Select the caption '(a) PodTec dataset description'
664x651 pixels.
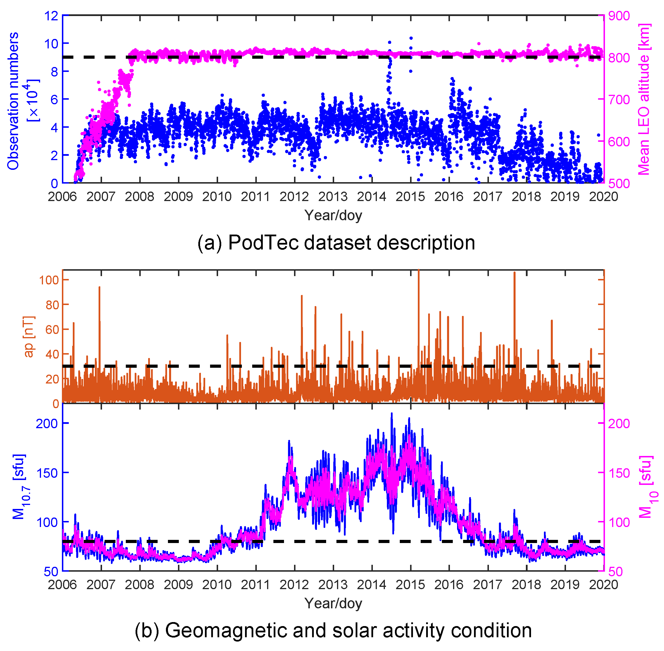tap(336, 243)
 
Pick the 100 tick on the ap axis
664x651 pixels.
tap(49, 280)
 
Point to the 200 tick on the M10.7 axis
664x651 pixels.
tap(47, 423)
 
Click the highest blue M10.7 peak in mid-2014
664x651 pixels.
tap(392, 414)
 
